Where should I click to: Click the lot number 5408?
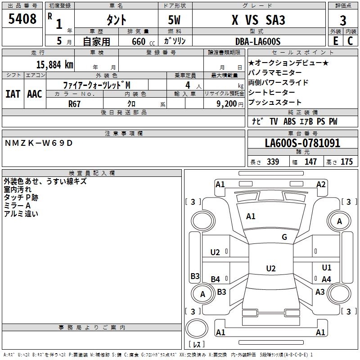point(22,19)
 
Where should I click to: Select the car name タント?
point(116,20)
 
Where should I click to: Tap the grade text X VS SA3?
point(258,20)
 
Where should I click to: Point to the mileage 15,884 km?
point(53,64)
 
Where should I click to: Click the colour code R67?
point(75,103)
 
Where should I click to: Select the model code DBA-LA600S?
point(258,41)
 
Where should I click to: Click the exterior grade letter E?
point(336,41)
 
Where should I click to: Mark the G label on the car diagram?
point(284,237)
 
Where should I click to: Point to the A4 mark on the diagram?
point(326,279)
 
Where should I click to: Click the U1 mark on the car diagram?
point(326,268)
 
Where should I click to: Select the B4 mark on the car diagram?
point(216,279)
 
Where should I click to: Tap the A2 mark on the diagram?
point(321,184)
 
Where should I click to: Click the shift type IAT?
point(13,94)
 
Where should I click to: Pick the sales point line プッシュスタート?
point(269,103)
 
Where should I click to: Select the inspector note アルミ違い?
point(21,214)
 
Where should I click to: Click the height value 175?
point(346,162)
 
